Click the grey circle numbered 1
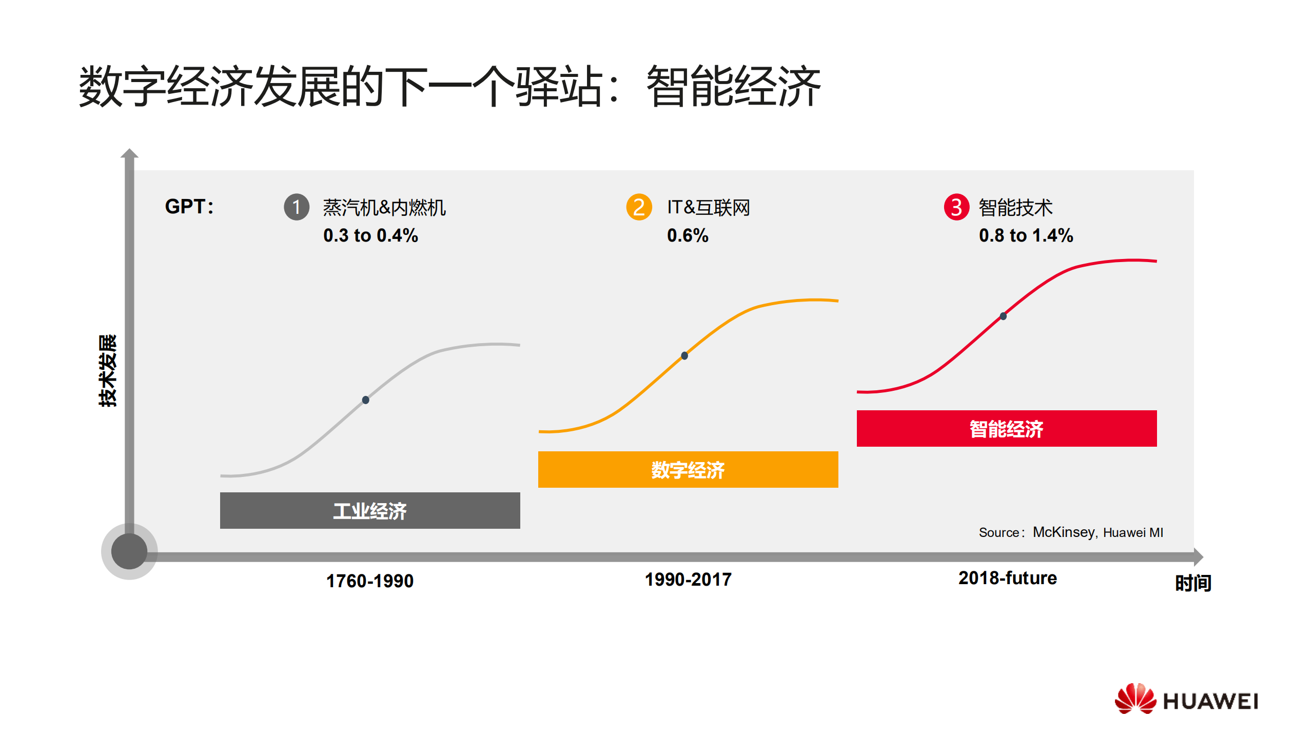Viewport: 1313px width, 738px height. pos(297,207)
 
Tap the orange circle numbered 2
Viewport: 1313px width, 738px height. pos(639,207)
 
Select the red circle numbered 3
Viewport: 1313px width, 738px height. pos(956,207)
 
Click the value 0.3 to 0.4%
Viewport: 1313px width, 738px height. pos(370,235)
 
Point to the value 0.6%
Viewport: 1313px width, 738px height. pos(688,235)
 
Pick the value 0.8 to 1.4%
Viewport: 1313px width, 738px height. pos(1026,235)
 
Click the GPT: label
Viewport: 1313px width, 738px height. pos(189,207)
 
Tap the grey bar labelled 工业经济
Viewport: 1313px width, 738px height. pos(370,510)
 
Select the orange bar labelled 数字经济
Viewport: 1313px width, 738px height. pos(688,469)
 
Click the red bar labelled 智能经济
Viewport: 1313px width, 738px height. pos(1006,428)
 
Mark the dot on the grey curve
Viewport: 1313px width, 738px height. pos(365,400)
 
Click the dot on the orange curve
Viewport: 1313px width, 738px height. pos(684,355)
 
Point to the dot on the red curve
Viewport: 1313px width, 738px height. pos(1003,316)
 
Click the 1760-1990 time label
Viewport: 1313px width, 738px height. pos(370,581)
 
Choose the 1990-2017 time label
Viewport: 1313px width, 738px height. pos(688,580)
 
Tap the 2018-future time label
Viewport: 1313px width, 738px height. pos(1007,578)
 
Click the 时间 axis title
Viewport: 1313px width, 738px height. pos(1193,583)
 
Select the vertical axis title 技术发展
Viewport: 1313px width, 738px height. pos(108,370)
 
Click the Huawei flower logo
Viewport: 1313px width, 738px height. pos(1135,699)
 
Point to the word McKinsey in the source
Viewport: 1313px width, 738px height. pos(1064,532)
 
